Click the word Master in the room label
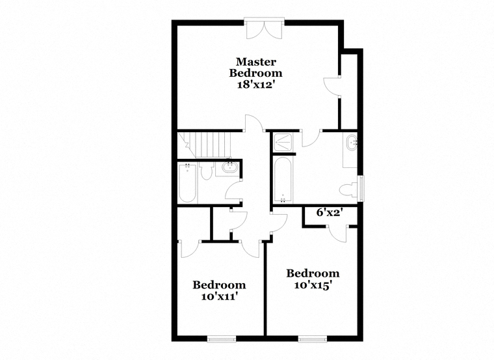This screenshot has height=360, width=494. coord(256,62)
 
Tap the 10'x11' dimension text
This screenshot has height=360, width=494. coord(219,297)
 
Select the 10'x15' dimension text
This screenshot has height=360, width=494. coord(313,285)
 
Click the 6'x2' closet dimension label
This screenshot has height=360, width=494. coord(330,213)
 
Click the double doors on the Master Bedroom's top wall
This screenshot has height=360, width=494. coord(265,29)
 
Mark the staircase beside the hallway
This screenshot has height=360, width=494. coord(204,145)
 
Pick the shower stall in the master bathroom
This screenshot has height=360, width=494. coord(283,143)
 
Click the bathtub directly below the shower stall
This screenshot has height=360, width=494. coord(283,180)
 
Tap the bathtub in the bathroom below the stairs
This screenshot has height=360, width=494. coord(188,184)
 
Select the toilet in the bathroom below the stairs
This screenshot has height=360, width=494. coord(206,171)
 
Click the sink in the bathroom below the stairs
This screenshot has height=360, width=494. coord(229,167)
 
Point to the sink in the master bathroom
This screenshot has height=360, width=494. coord(351,143)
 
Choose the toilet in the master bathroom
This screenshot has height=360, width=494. coord(348,191)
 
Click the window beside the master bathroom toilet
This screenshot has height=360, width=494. coord(361,189)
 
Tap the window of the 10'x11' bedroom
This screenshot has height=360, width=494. coord(222,339)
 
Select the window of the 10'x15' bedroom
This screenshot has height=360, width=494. coord(313,339)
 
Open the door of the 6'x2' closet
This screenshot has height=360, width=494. coord(338,234)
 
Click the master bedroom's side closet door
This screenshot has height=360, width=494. coord(332,85)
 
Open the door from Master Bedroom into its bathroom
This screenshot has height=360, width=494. coord(311,138)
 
